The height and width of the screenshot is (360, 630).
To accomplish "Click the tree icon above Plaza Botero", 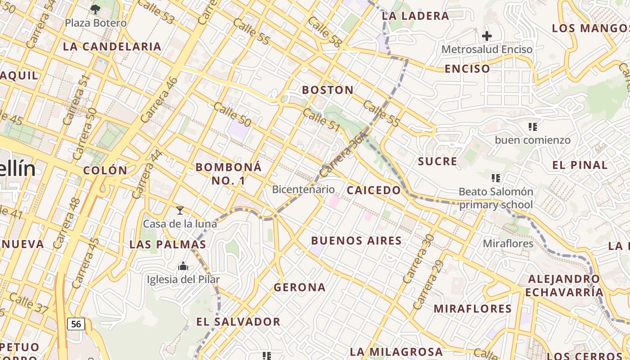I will tap(95, 9).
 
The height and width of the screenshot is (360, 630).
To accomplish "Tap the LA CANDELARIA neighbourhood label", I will tap(112, 47).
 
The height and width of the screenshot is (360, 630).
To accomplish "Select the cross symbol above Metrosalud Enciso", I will tap(486, 36).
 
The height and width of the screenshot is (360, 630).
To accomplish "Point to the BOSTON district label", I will tap(328, 90).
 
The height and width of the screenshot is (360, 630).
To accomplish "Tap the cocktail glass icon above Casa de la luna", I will tap(180, 210).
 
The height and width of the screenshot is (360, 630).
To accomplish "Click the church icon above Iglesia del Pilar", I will tap(183, 266).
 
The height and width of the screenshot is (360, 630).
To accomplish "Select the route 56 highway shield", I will tap(76, 324).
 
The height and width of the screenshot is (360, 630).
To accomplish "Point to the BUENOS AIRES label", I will tap(356, 241).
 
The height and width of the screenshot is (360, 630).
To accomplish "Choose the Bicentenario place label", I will tap(304, 189).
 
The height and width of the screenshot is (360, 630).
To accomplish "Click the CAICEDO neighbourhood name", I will tap(373, 190).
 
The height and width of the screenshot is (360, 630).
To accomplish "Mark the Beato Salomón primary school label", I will tap(495, 198).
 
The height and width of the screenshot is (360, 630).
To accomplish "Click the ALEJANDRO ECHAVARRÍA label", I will tap(564, 286).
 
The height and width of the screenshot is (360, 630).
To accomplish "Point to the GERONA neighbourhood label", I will tap(299, 287).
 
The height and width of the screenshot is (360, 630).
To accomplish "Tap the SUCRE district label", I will tap(437, 162).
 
